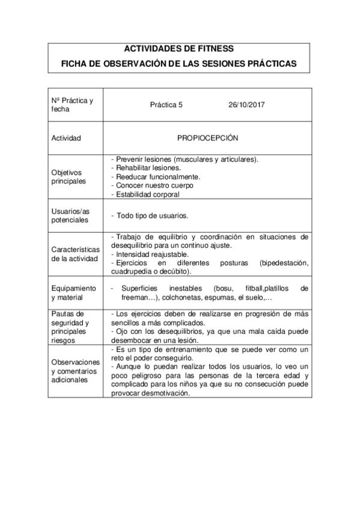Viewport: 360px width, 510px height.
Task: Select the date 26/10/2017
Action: tap(247, 105)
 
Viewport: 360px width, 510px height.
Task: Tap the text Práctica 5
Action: tap(166, 105)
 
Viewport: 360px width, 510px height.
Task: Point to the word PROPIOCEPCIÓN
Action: tap(207, 138)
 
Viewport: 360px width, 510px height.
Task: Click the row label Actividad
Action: tap(66, 138)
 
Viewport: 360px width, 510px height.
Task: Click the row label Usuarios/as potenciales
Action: tap(70, 215)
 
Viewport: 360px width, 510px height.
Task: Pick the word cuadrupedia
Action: tap(133, 272)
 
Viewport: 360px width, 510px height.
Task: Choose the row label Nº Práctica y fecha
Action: tap(72, 105)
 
